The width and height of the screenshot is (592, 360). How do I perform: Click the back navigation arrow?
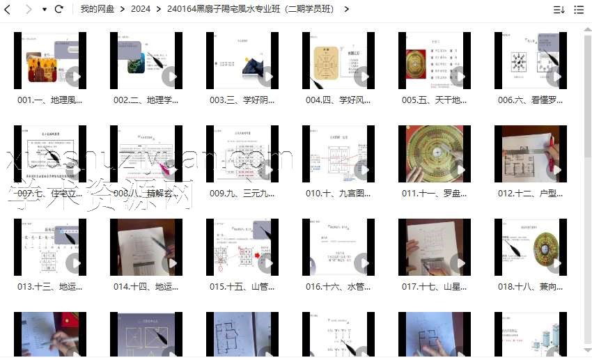8,9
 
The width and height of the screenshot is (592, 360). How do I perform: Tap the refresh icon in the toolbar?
59,9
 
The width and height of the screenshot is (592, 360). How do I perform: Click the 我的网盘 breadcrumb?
98,9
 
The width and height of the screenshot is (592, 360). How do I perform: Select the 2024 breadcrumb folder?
140,9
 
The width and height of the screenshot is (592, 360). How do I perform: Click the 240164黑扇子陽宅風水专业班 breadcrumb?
250,9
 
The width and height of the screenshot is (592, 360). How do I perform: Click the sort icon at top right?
559,10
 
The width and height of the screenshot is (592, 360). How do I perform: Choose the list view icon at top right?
579,10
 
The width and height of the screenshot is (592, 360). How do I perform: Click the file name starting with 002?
146,100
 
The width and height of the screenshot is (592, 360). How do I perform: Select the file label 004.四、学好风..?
338,100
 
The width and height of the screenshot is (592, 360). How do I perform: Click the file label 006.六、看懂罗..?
530,100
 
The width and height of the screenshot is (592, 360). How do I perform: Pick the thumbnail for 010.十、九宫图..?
338,153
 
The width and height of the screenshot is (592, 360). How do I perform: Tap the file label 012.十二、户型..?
530,193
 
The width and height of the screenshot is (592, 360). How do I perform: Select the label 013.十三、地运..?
50,286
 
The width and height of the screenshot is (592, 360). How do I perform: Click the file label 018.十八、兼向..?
530,286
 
